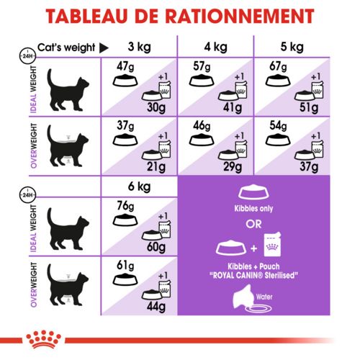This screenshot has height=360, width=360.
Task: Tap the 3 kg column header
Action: point(140,48)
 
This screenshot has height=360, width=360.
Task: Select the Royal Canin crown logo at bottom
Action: point(180,336)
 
